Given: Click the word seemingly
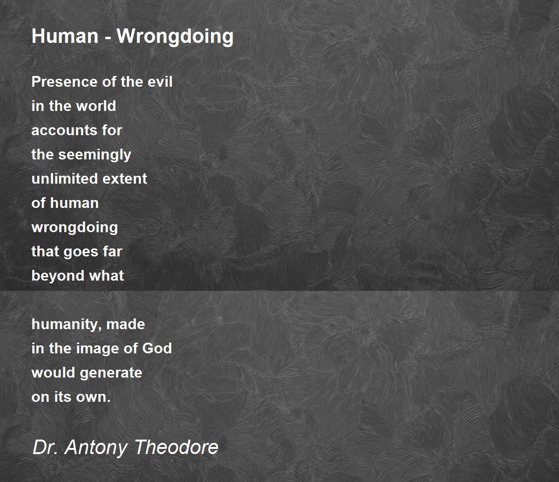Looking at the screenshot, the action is tap(95, 155).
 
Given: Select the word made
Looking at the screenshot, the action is tap(126, 324).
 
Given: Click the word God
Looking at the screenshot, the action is tap(157, 348).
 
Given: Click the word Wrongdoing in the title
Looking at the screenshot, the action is tap(175, 36).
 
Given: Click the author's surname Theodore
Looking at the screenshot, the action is tap(177, 448).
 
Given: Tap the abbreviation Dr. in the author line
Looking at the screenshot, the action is tap(45, 448).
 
